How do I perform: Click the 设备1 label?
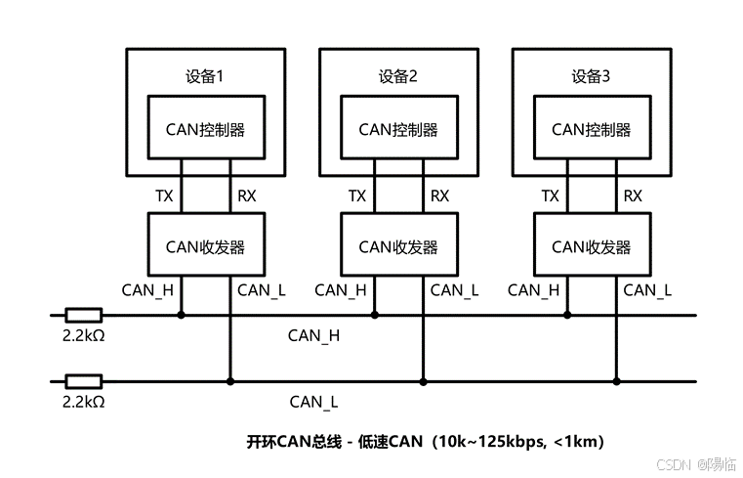coord(205,75)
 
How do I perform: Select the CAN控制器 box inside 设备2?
coord(398,129)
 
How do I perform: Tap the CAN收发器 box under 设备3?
coord(591,246)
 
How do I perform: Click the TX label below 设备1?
coord(165,196)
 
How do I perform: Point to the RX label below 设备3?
coord(633,196)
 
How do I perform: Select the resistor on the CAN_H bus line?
coord(83,315)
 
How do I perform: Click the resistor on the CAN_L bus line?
coord(83,380)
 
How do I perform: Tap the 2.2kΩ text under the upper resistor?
coord(83,335)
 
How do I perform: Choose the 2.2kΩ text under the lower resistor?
coord(83,401)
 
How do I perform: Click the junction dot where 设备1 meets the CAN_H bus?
coord(182,315)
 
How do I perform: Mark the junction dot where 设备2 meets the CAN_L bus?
coord(423,380)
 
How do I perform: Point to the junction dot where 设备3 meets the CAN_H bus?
coord(568,315)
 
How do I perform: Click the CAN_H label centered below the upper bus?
coord(313,335)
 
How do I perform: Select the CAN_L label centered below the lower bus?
coord(313,401)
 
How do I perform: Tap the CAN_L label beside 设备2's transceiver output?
coord(455,289)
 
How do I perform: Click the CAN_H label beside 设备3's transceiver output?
coord(534,289)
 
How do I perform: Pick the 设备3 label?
coord(591,75)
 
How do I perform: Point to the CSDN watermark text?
coord(673,463)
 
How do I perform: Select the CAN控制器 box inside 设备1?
coord(205,129)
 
